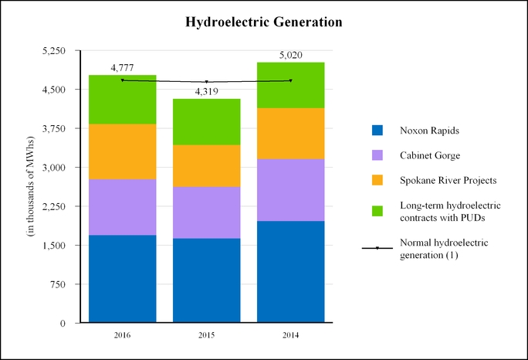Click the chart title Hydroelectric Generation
264,22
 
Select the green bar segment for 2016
122,100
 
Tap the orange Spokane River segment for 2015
206,166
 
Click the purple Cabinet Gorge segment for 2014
290,190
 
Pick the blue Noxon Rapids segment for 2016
122,279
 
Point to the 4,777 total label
122,68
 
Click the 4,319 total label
206,91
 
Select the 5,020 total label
290,55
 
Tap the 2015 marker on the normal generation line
206,82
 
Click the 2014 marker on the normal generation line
290,80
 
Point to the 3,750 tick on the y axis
53,128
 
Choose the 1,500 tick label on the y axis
53,246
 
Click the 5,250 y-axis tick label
53,50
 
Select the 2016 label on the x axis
122,335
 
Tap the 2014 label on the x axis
290,335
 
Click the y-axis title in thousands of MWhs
31,186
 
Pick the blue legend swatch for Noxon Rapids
377,131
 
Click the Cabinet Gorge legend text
430,155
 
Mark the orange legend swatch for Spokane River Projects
377,180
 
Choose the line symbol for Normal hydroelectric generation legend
377,248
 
